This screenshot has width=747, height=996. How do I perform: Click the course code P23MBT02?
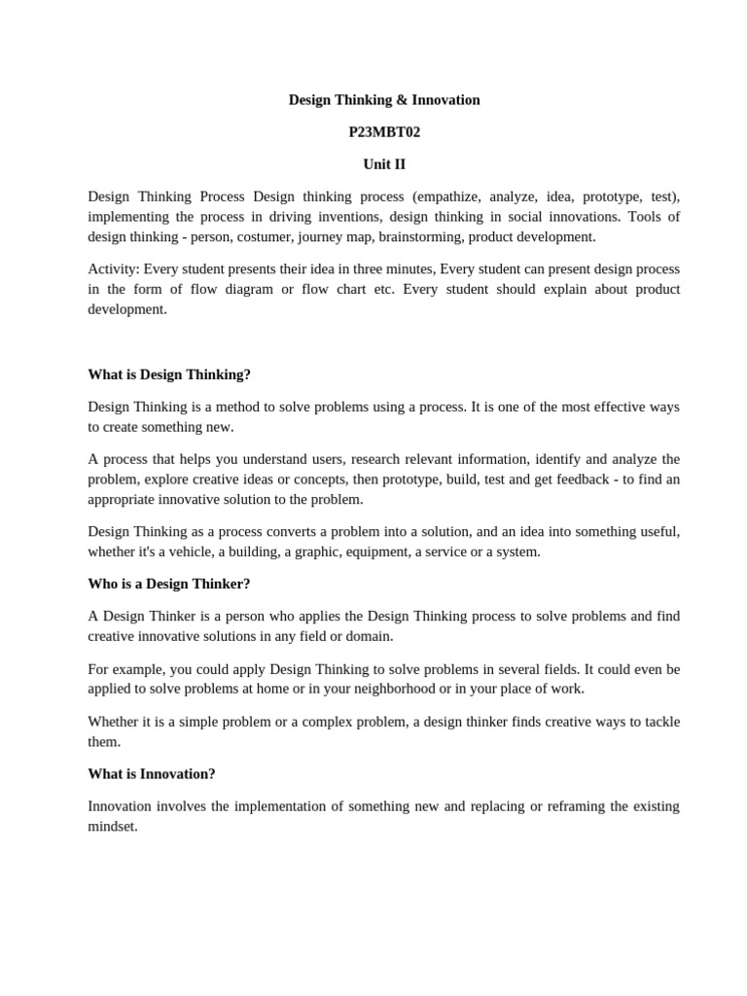pos(384,132)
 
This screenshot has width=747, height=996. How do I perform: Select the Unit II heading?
pos(384,164)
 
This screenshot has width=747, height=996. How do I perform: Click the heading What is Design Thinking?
pos(169,374)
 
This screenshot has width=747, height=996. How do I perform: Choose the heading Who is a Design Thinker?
pos(168,585)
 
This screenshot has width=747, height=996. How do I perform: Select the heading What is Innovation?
pos(152,774)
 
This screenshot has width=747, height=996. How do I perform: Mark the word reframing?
pos(564,806)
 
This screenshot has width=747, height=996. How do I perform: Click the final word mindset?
pos(112,827)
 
